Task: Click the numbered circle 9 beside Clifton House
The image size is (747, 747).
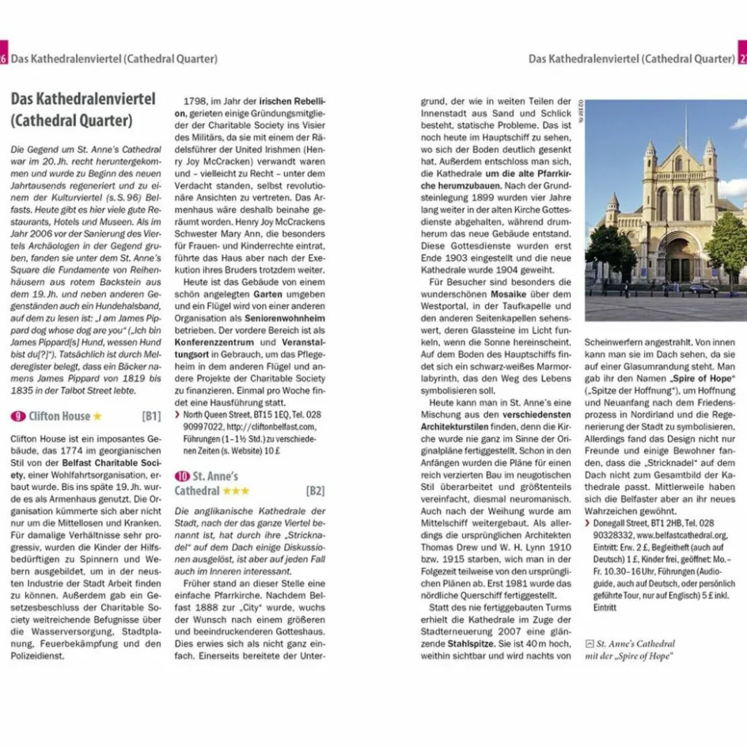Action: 18,416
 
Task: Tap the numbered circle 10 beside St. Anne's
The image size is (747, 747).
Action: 182,476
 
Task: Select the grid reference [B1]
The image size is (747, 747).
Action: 152,416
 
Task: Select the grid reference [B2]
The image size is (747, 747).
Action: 315,491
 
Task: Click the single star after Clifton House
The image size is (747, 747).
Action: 97,416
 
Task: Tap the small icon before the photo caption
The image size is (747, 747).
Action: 589,643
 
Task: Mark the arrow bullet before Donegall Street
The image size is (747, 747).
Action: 587,523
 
